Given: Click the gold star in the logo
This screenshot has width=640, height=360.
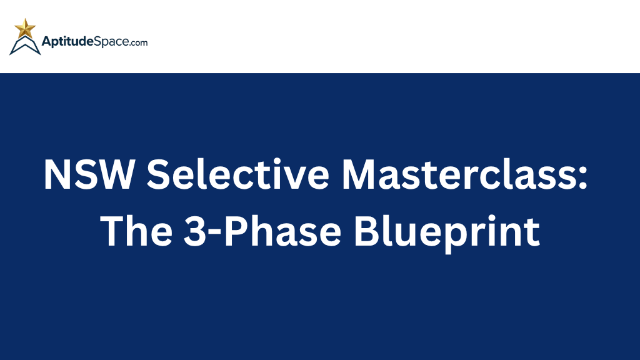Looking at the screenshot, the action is coord(25,28).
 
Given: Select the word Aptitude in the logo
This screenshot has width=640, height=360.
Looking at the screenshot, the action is coord(67,42).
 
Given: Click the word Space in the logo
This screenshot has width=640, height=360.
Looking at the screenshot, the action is coord(111,42).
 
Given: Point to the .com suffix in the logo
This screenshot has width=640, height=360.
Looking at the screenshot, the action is coord(138,43).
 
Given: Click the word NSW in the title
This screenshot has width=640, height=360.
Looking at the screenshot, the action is coord(89,174).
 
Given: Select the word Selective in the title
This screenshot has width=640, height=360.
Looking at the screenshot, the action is coord(238,174).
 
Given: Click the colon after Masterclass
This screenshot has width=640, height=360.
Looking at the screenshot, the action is coord(583,178).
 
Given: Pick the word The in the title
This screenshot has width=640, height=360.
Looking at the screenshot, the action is coord(136,231).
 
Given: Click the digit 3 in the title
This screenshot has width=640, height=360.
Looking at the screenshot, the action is coord(194,231).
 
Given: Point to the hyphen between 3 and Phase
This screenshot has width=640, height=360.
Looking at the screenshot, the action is coord(214,234).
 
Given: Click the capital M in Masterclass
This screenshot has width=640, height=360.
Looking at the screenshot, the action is coord(361,174).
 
